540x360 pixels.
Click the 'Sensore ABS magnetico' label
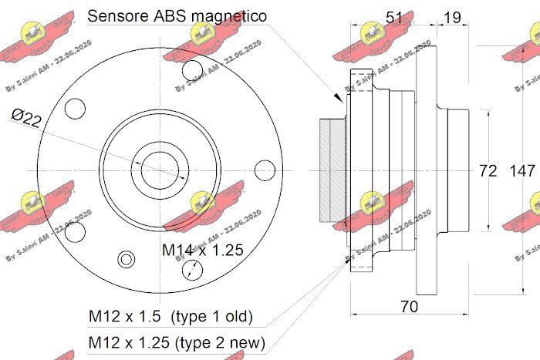(x=177, y=15)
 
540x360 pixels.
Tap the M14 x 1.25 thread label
(x=203, y=250)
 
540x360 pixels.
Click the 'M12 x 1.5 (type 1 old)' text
(x=170, y=317)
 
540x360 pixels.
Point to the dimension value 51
(x=395, y=18)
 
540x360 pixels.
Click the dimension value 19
(x=453, y=18)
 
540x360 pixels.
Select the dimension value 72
(x=488, y=170)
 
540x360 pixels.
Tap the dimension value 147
(x=522, y=170)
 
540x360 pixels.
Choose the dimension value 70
(x=410, y=306)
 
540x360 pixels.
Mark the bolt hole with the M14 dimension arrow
(x=194, y=269)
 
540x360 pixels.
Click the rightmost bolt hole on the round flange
(x=265, y=170)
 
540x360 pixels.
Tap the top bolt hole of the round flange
(x=192, y=70)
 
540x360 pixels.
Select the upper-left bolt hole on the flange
(x=75, y=109)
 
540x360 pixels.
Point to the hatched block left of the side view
(x=332, y=170)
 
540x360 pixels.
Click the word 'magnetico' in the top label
(x=229, y=15)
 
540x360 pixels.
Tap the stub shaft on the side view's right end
(x=457, y=170)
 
